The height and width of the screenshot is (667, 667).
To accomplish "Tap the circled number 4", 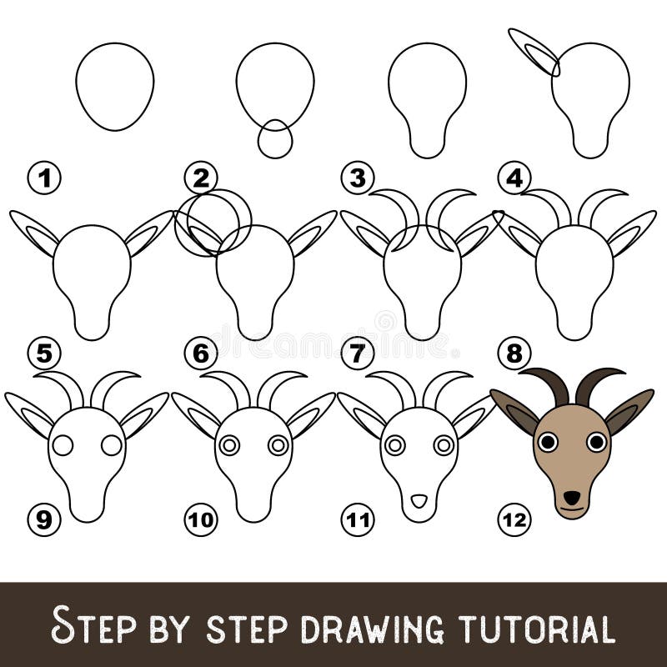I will [514, 178].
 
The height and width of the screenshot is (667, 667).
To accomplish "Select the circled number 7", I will [358, 354].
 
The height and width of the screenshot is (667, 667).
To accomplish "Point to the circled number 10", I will [200, 520].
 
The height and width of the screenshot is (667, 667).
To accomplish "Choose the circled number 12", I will [514, 520].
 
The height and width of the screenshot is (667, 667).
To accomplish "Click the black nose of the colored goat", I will [571, 498].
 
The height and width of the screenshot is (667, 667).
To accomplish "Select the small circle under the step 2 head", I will [275, 139].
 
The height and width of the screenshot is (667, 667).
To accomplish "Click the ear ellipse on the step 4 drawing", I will [534, 52].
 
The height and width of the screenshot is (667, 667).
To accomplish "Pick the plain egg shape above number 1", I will [114, 86].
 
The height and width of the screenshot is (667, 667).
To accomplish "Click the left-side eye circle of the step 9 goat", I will [63, 445].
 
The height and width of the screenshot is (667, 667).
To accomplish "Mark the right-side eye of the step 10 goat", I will [278, 445].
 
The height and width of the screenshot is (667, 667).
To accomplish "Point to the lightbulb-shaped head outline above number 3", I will [427, 96].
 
